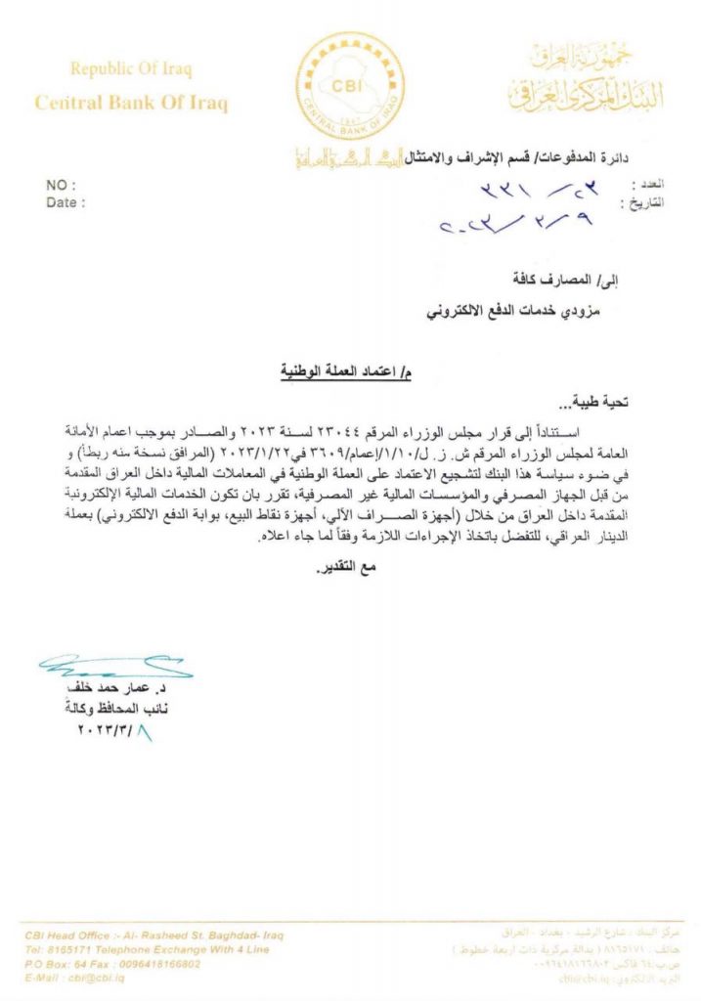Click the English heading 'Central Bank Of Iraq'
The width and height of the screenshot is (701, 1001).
coord(131,103)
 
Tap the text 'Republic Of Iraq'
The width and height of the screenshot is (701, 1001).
coord(131,69)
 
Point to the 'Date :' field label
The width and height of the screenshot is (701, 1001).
coord(66,202)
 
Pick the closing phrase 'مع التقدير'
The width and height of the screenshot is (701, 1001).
coord(348,569)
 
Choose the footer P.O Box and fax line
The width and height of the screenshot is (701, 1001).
coord(112,963)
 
